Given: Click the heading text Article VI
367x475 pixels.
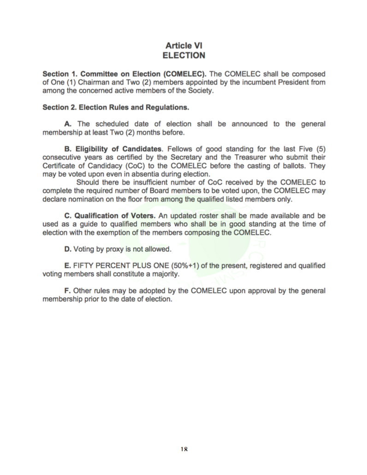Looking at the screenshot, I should pyautogui.click(x=183, y=46).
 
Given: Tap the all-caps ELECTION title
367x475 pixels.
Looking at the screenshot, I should pyautogui.click(x=183, y=55).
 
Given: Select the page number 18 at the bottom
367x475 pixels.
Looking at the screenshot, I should pyautogui.click(x=183, y=449).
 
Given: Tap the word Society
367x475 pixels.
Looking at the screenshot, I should pyautogui.click(x=202, y=91).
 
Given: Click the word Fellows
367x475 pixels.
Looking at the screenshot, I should pyautogui.click(x=180, y=150).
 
